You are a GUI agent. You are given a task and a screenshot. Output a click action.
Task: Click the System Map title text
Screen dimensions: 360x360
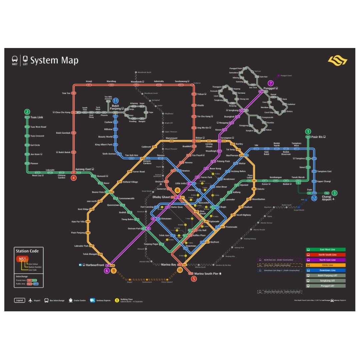(54, 60)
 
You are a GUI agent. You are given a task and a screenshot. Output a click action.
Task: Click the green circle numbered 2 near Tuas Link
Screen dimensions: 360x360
(27, 112)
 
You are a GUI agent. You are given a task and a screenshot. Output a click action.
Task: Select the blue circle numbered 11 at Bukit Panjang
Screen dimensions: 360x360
(116, 100)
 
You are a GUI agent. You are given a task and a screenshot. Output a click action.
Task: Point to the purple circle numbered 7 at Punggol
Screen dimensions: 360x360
(271, 83)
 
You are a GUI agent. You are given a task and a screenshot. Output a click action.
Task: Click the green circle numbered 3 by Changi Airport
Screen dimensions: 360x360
(334, 193)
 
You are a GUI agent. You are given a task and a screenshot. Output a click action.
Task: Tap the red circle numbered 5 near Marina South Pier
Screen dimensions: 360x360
(194, 279)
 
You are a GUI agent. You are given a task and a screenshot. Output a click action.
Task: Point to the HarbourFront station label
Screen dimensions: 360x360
(95, 265)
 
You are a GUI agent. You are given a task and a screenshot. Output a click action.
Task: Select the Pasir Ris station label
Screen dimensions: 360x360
(316, 137)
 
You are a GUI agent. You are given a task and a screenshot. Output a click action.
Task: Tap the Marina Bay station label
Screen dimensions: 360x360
(169, 264)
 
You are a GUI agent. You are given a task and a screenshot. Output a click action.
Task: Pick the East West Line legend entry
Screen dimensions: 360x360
(326, 249)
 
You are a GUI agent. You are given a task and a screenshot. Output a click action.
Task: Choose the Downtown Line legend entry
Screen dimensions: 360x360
(326, 270)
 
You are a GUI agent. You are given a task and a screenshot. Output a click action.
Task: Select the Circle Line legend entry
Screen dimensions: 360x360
(326, 265)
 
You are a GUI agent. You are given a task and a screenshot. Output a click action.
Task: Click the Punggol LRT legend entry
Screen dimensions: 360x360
(326, 286)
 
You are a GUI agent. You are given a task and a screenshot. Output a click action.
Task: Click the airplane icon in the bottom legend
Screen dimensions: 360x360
(31, 300)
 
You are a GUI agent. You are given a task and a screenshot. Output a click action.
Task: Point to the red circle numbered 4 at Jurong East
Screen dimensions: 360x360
(74, 178)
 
